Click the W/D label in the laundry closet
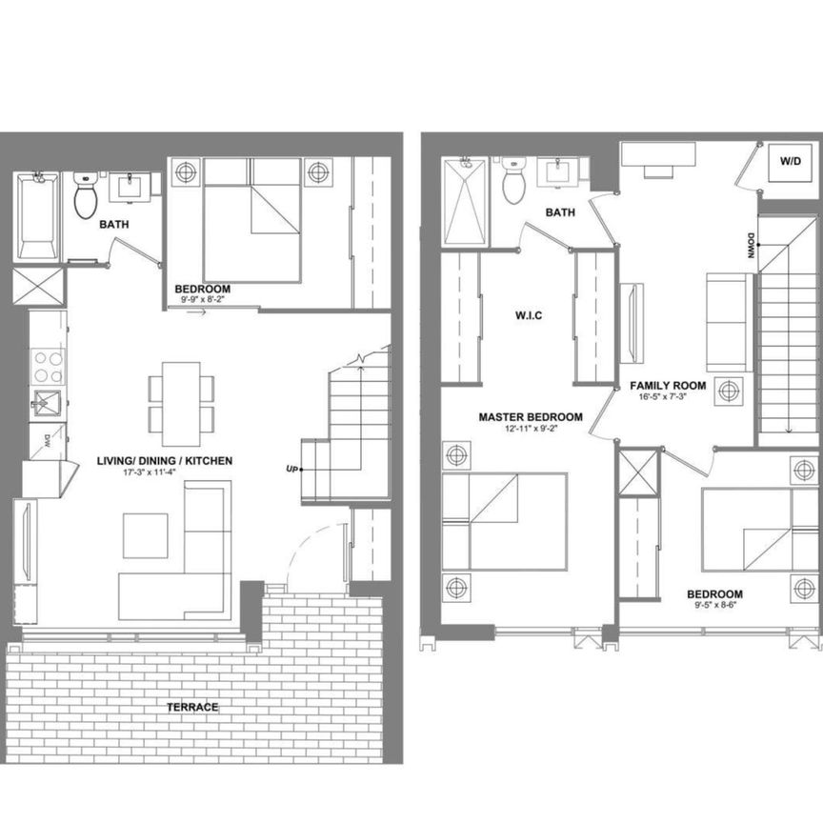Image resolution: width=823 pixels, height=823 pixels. pyautogui.click(x=790, y=161)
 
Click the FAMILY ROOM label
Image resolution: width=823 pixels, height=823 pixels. pyautogui.click(x=668, y=386)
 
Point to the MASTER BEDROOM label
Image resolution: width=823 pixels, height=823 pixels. pyautogui.click(x=531, y=417)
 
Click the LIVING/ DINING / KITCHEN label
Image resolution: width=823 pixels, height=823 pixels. pyautogui.click(x=165, y=461)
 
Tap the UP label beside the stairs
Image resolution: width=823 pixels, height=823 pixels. pyautogui.click(x=292, y=469)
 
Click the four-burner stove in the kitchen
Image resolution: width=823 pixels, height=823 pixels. pyautogui.click(x=49, y=365)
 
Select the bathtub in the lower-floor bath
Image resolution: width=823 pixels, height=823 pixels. pyautogui.click(x=37, y=218)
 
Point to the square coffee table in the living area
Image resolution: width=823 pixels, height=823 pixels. pyautogui.click(x=146, y=535)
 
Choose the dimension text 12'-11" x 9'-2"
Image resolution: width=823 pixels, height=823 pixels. pyautogui.click(x=531, y=429)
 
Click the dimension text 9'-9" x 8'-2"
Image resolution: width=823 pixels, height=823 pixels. pyautogui.click(x=202, y=299)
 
